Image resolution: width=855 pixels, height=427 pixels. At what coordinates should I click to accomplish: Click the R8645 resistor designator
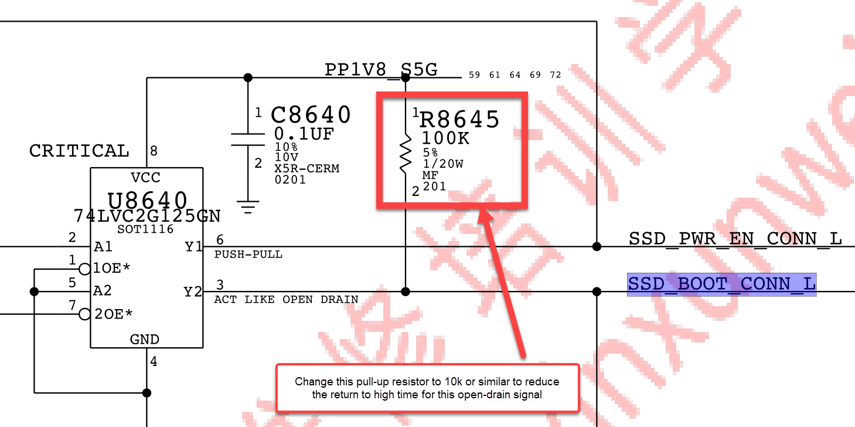tap(459, 120)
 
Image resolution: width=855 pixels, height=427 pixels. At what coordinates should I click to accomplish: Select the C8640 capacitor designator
tap(311, 115)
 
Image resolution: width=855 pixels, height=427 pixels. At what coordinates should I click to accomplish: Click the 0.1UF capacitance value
tap(304, 134)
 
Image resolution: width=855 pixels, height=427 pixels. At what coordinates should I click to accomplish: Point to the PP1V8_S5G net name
tap(381, 70)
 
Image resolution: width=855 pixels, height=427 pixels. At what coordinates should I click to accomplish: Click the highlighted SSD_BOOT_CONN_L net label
tap(721, 284)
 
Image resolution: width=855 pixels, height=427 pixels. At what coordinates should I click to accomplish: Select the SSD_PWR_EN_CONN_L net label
tap(735, 239)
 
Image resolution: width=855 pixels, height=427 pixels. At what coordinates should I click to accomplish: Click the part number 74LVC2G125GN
tap(147, 216)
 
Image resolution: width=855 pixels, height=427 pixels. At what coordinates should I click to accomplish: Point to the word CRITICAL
tap(79, 151)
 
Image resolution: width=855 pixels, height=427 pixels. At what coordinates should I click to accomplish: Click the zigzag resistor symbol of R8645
tap(406, 154)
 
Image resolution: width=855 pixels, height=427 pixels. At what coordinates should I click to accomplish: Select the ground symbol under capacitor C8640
tap(248, 207)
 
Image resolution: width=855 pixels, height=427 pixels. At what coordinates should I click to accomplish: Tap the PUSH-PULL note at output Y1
tap(248, 255)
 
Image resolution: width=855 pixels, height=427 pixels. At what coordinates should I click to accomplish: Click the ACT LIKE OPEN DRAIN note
tap(286, 300)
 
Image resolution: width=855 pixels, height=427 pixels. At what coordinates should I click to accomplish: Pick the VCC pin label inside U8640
tap(145, 178)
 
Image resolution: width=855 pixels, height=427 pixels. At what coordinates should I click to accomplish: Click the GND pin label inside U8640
tap(145, 340)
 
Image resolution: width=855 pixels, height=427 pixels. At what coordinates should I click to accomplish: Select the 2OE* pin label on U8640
tap(113, 314)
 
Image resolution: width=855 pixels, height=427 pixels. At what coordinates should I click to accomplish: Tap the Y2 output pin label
tap(193, 292)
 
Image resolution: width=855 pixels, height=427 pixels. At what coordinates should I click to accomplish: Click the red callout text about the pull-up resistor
tap(427, 388)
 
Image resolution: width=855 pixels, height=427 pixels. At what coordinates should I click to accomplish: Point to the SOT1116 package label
tap(145, 229)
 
